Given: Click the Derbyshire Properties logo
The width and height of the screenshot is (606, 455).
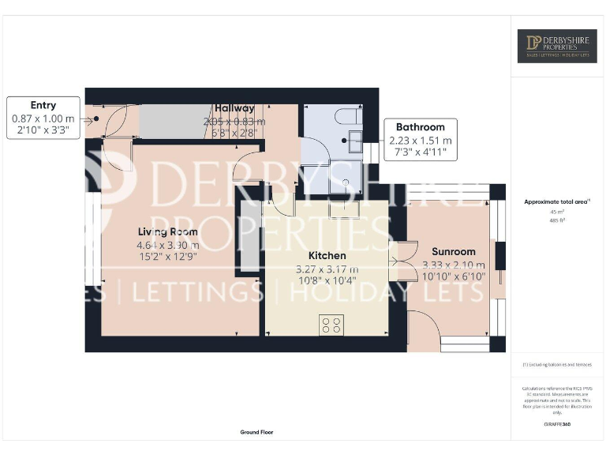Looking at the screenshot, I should point(557,46).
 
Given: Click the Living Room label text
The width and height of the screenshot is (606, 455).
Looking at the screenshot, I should point(167,231).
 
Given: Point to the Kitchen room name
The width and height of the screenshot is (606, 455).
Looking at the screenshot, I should point(327,256).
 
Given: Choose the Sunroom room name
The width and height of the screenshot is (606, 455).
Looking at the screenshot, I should point(454,252).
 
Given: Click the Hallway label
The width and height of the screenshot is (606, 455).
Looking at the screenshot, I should point(234,108).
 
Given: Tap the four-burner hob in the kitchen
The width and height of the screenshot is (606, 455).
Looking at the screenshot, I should point(331,325).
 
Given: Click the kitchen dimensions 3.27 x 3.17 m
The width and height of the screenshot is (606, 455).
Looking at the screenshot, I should point(327,269).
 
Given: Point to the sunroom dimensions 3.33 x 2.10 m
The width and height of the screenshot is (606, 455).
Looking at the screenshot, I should point(454,265).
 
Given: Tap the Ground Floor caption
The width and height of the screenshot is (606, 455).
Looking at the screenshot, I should point(256,432).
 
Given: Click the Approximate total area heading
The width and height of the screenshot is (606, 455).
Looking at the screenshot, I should point(557,202).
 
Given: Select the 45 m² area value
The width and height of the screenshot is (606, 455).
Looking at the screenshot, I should point(557,212).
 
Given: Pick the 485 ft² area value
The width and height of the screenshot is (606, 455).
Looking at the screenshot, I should point(557,220).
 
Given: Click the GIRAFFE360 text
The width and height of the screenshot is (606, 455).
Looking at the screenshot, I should point(557,425).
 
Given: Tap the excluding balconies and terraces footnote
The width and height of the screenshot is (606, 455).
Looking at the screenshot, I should point(557,365).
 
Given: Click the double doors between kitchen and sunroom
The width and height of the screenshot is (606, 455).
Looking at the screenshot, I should point(401,261).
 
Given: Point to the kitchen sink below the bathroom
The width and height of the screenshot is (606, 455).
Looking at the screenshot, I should point(344,209).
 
